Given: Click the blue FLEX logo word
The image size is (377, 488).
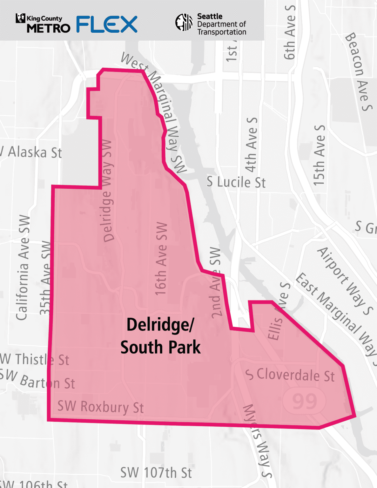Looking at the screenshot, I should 107,24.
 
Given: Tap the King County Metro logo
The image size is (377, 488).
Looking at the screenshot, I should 43,24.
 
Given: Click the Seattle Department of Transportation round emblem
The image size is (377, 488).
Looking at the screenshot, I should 184,22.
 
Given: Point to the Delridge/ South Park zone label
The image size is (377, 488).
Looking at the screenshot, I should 160,336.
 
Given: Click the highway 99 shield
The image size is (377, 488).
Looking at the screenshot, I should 305,401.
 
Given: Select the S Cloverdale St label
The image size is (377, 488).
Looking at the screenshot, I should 290,375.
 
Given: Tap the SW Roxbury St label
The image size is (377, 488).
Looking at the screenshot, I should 100,407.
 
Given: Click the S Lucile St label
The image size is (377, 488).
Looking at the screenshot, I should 236,182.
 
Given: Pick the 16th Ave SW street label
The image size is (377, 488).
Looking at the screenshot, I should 161,259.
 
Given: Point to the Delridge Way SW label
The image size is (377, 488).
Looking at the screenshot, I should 108,191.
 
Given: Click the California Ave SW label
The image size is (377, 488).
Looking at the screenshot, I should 23,268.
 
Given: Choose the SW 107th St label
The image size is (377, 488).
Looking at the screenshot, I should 156,473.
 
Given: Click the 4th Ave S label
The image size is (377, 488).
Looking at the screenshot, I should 251,145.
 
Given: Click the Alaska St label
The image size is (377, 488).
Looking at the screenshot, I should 33,152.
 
